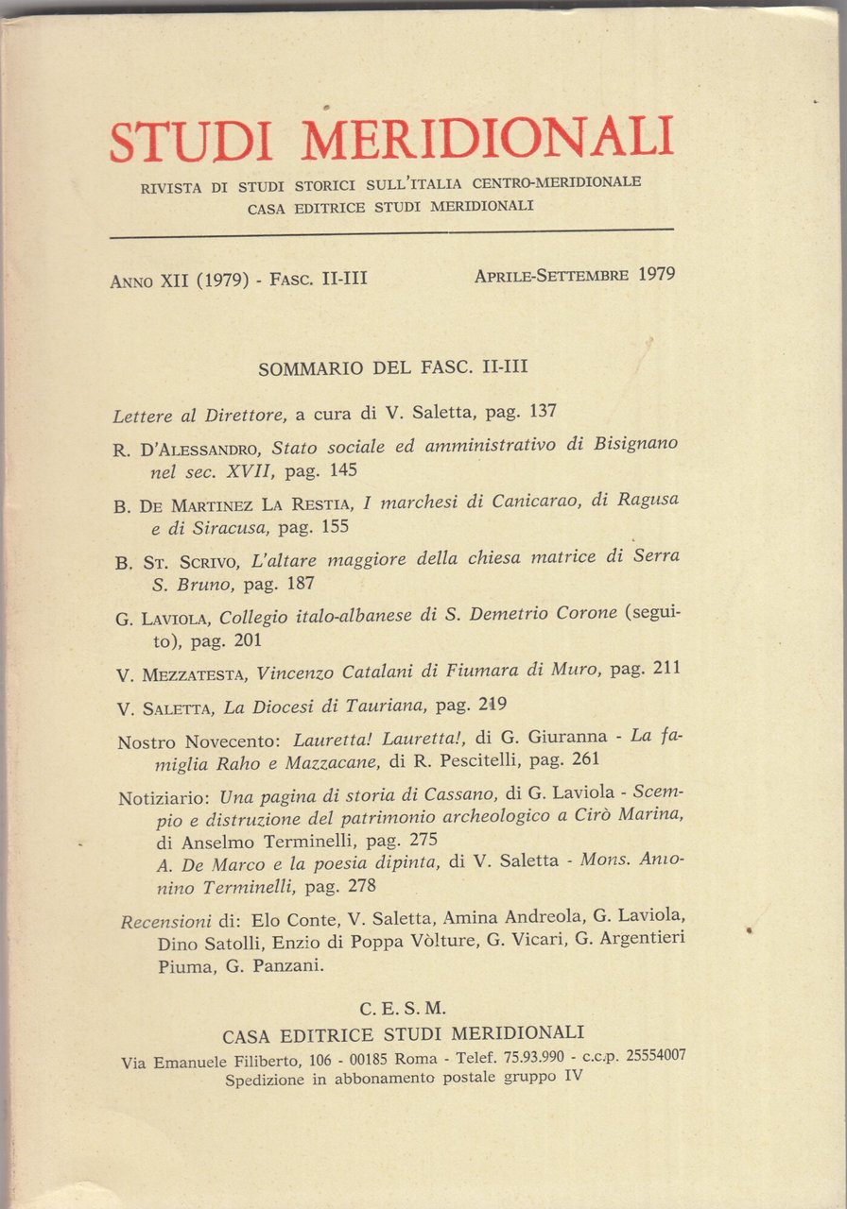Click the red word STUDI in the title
tap(190, 143)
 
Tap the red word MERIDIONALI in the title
tap(488, 138)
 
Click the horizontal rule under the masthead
tap(391, 232)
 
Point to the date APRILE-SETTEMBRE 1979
tap(574, 276)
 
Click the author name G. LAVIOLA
tap(163, 619)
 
